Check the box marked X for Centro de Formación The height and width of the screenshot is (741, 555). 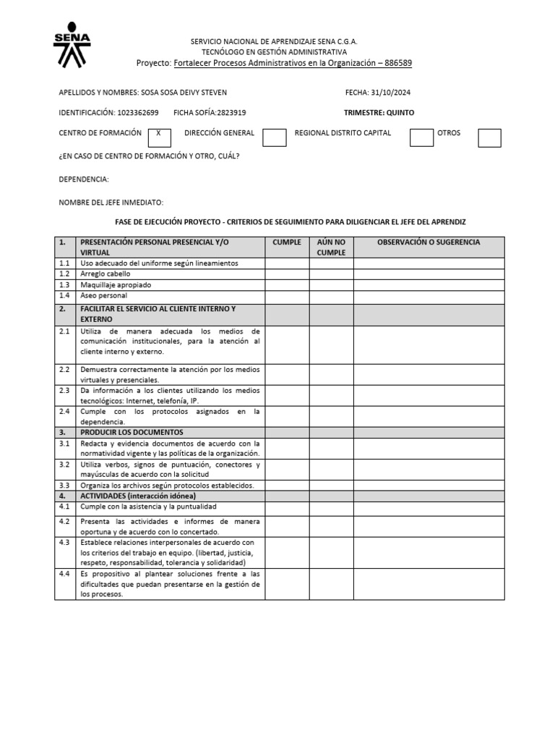point(158,137)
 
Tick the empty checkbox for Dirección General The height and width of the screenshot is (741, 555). point(274,137)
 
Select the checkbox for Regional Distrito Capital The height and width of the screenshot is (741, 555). point(421,137)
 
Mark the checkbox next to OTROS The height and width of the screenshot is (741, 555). point(489,137)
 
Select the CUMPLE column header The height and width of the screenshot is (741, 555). point(287,242)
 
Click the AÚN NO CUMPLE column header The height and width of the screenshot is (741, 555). point(331,247)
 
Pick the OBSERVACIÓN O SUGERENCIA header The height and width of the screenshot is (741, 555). point(429,242)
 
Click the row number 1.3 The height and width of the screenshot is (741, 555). point(64,285)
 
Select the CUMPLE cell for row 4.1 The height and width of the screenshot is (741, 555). point(287,507)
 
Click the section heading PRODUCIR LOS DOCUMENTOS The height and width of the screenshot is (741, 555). point(132,432)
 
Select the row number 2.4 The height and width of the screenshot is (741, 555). point(64,411)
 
